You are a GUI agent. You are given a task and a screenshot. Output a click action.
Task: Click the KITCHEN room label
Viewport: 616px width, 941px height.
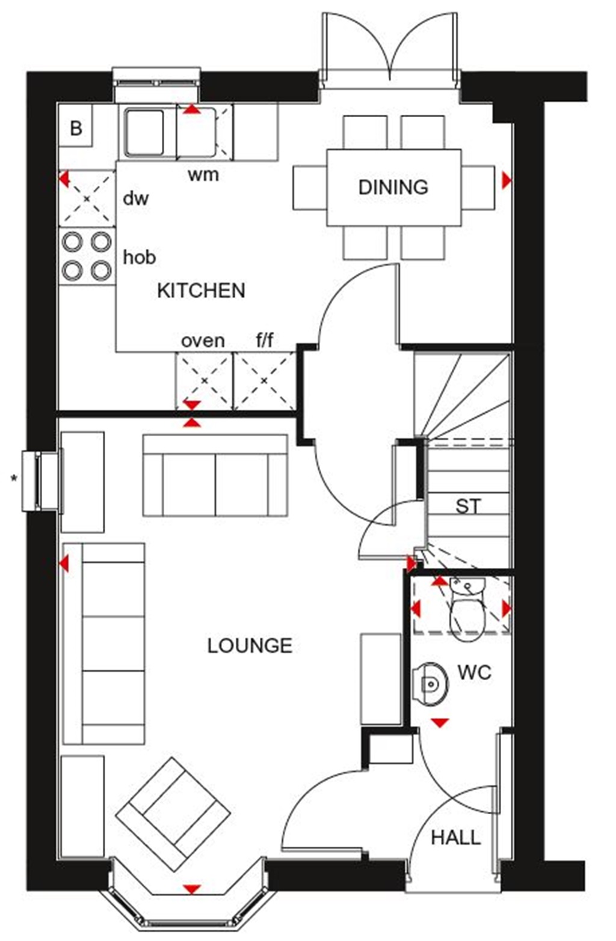201,291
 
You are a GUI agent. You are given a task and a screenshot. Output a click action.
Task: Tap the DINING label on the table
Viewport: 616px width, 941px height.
393,187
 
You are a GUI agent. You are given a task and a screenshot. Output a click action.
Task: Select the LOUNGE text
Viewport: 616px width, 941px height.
250,646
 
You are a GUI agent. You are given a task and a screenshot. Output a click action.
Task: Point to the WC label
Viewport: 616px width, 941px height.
474,672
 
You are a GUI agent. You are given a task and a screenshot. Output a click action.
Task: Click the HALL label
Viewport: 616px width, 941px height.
455,837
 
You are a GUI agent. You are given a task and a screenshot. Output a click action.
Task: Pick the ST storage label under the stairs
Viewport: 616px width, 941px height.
468,507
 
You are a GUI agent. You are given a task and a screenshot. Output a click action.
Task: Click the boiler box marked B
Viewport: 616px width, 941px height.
76,128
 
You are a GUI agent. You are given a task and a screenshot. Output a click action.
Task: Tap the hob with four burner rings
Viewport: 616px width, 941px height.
87,257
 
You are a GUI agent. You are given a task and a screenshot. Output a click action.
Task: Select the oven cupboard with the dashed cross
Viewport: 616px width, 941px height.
204,380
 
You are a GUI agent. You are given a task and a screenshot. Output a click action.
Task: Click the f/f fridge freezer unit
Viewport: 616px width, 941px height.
264,380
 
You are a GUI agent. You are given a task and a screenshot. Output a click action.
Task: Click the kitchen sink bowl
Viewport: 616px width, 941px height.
144,132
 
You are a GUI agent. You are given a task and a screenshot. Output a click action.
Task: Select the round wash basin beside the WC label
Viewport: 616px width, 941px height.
431,683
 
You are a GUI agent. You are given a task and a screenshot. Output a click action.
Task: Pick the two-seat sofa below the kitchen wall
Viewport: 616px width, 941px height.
215,476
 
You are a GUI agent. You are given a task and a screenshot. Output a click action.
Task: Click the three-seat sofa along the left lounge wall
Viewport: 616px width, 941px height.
104,643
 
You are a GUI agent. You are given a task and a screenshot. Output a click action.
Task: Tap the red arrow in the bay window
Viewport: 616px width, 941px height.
192,889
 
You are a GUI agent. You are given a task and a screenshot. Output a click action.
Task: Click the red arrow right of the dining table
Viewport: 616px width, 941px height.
507,180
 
